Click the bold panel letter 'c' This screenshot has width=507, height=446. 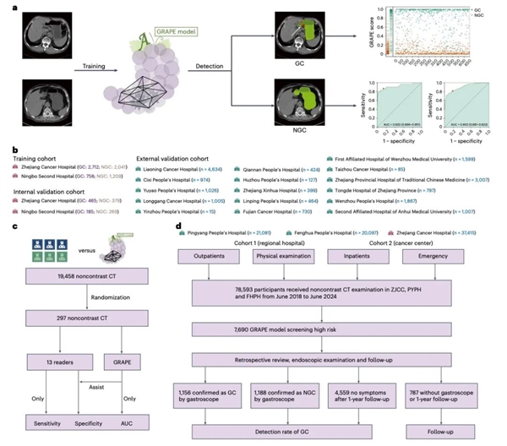[x=11, y=221]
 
